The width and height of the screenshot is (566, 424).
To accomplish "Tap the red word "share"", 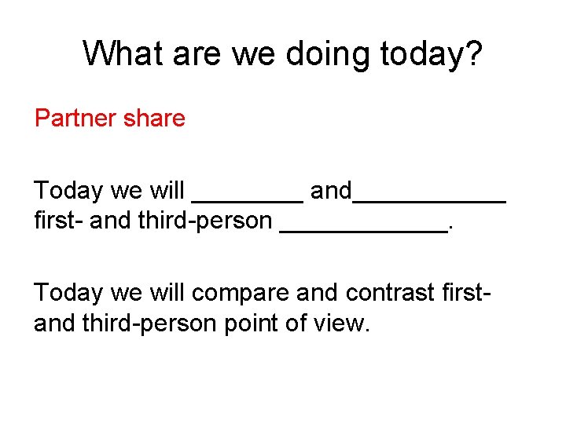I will (x=160, y=119).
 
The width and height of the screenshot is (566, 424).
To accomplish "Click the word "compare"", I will (x=240, y=292).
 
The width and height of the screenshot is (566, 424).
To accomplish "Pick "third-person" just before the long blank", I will (x=204, y=221).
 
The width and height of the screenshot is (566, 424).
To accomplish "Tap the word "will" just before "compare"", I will (x=167, y=292).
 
